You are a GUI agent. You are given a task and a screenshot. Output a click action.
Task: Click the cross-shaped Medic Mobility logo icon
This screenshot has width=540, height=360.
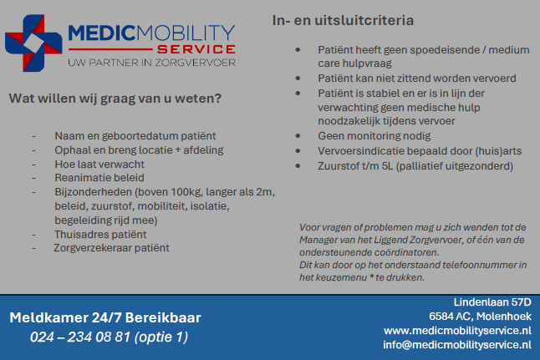33,43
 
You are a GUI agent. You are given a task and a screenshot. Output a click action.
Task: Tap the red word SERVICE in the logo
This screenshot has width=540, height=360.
196,49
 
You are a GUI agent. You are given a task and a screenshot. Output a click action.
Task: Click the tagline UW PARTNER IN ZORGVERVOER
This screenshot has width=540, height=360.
151,63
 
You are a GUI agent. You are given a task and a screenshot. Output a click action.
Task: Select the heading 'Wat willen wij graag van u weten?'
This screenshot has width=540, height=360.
115,99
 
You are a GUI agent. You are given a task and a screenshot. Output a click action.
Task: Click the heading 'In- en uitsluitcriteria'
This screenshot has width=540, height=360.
343,20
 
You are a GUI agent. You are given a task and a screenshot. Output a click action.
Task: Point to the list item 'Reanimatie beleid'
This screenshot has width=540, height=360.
99,178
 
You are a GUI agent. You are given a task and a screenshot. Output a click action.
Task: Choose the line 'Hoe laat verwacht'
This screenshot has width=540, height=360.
99,165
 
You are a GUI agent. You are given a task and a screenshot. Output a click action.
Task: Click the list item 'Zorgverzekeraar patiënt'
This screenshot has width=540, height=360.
111,248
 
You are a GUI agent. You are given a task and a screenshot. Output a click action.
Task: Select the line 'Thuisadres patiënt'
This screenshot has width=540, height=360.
100,235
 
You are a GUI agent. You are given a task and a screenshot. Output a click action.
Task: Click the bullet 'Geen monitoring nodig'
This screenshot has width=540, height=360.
374,136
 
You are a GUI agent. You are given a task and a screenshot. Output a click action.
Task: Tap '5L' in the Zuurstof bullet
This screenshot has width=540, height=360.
387,166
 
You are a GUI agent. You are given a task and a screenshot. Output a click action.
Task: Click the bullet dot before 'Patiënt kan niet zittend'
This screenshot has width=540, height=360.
298,79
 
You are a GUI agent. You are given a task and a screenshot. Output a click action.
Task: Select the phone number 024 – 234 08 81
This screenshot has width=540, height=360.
80,337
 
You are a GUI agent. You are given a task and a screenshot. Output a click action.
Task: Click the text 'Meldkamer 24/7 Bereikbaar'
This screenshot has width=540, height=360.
105,317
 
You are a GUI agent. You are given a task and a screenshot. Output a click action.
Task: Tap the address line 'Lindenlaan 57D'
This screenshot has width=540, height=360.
492,302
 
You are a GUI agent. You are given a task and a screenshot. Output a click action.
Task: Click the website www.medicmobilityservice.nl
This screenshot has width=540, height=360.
458,331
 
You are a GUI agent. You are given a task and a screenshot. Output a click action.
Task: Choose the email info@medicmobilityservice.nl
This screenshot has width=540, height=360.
457,344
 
